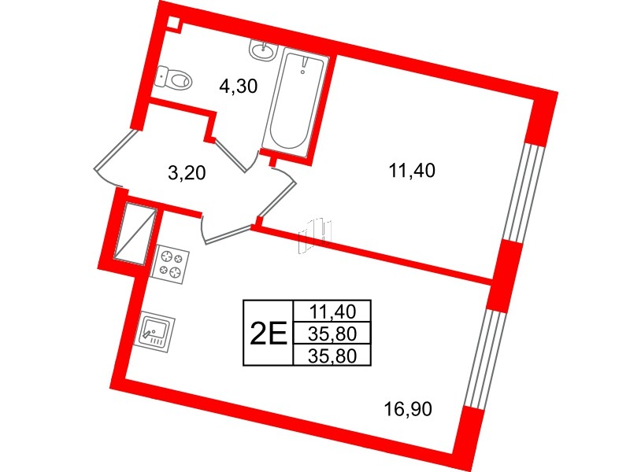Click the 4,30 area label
coord(239,87)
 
